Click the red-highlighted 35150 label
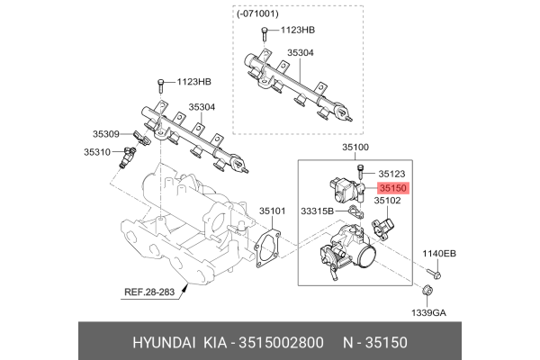[393, 189]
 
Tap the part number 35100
[357, 146]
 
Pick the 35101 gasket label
[273, 211]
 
